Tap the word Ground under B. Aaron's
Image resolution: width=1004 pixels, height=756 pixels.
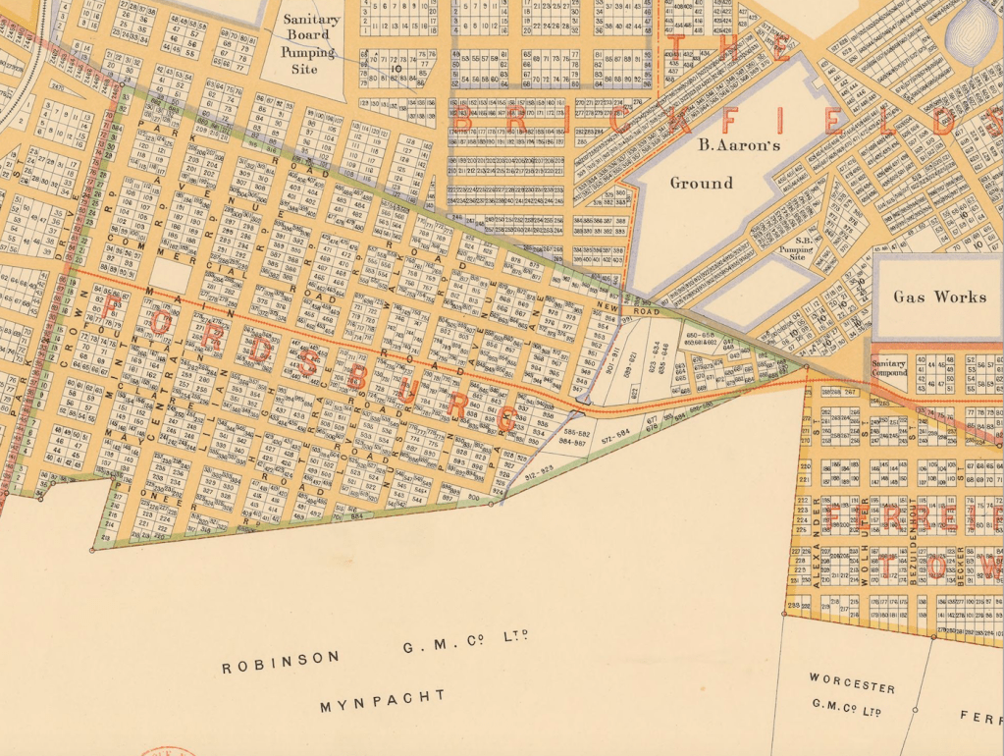[701, 183]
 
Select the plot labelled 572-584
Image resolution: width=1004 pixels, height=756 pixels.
[615, 433]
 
